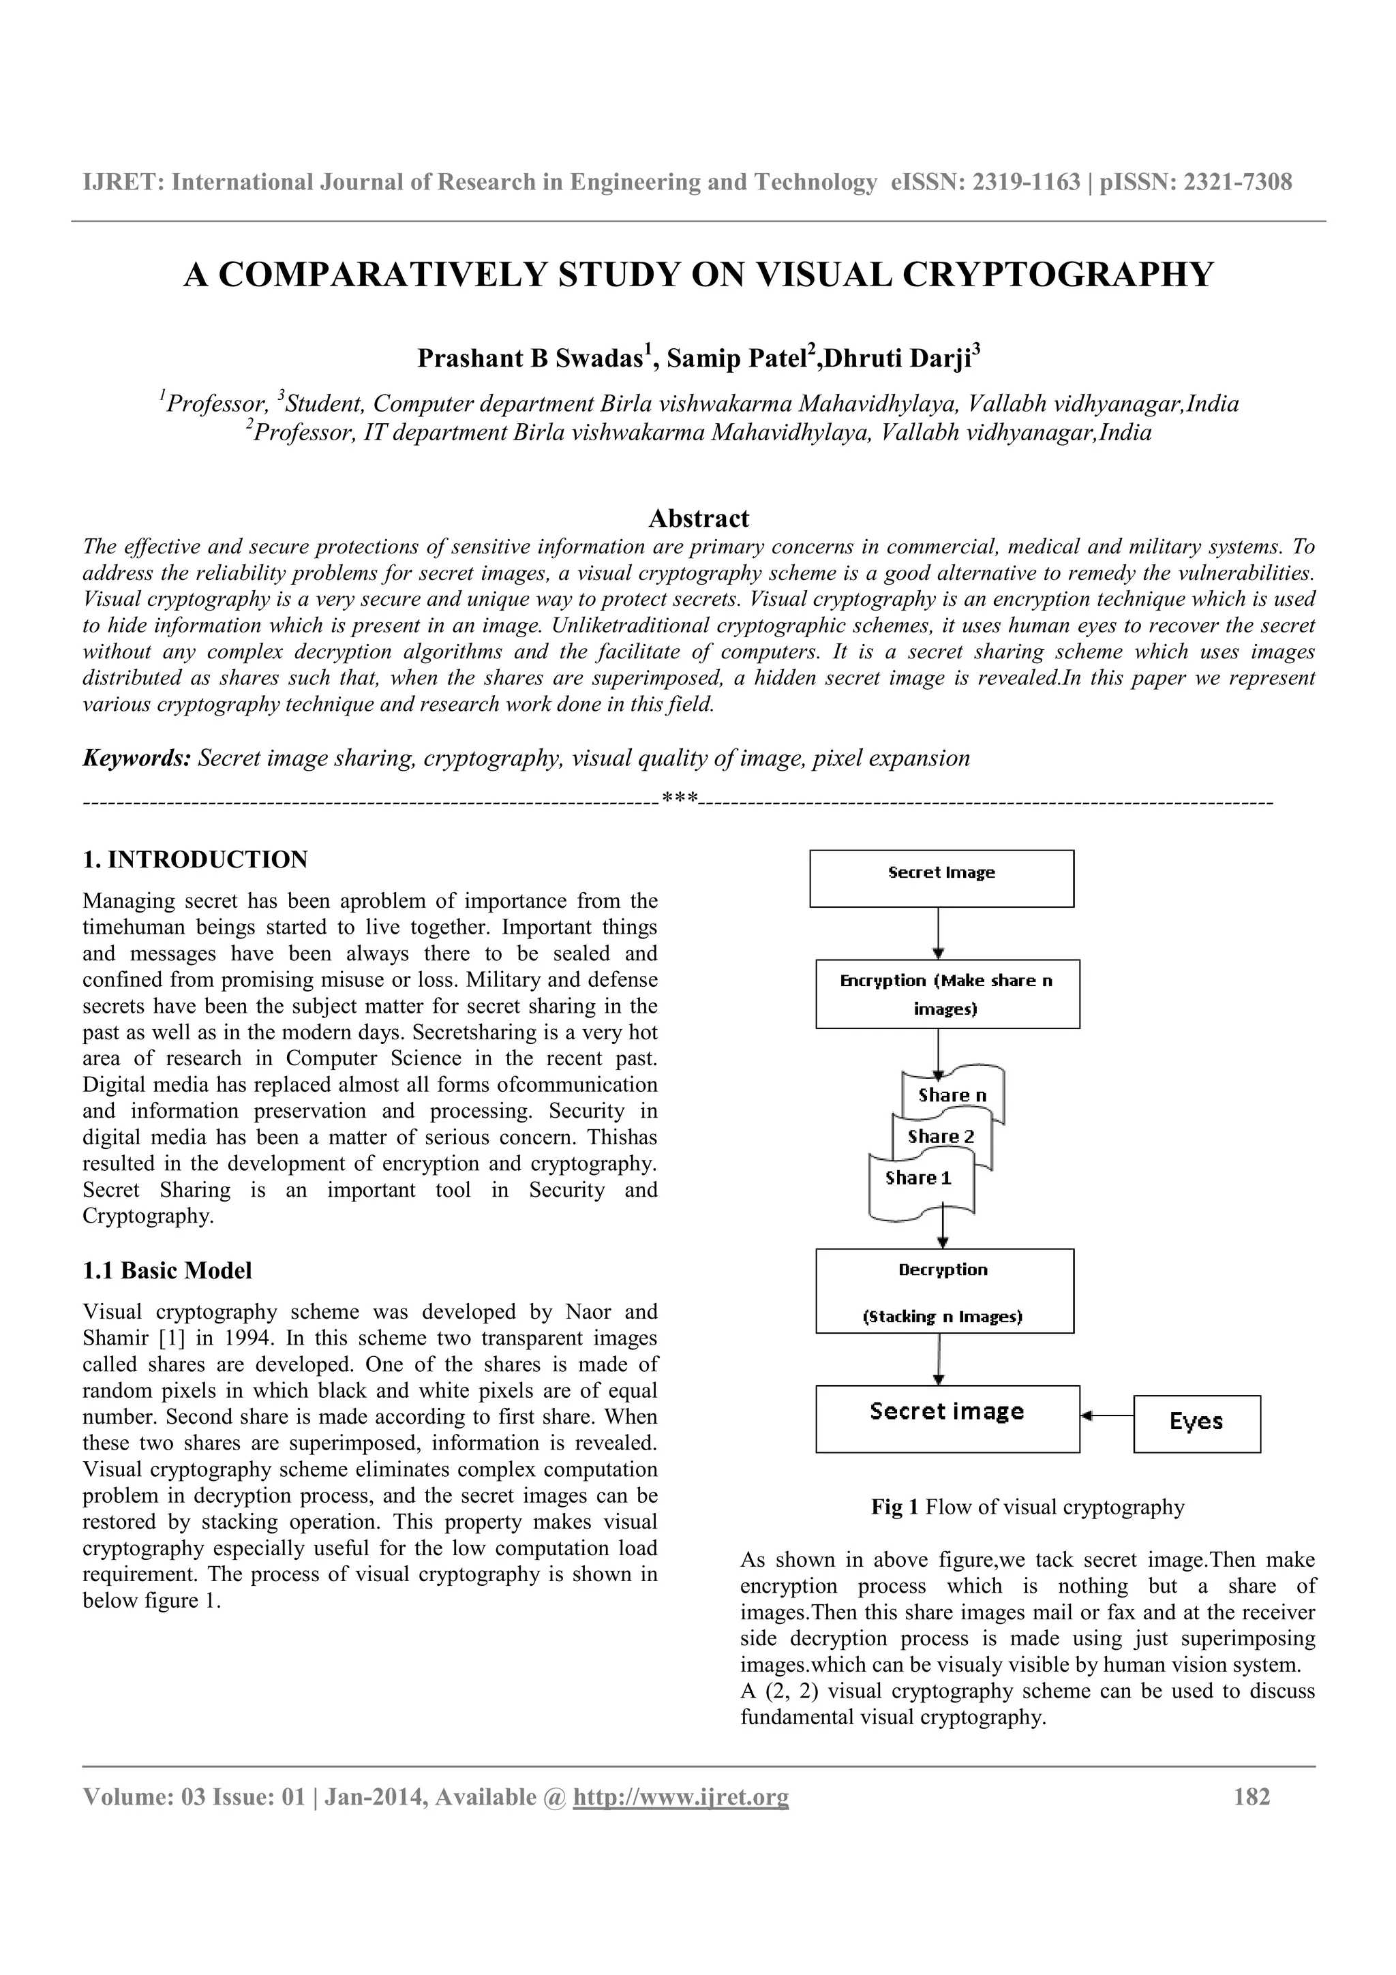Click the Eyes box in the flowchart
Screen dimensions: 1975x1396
tap(1196, 1424)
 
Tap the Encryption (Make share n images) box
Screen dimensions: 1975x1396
tap(947, 994)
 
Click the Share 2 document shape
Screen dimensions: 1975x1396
tap(942, 1137)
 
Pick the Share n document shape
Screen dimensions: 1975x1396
tap(952, 1095)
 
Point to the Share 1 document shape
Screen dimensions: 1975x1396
tap(919, 1178)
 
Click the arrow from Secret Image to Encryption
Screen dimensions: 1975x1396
tap(939, 932)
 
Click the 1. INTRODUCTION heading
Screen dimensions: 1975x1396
tap(195, 859)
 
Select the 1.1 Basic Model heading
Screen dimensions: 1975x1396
tap(167, 1270)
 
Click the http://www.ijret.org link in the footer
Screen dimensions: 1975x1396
tap(680, 1797)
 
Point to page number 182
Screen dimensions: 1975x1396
tap(1251, 1797)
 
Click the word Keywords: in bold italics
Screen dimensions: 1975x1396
tap(136, 759)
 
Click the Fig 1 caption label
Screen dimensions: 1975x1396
tap(894, 1507)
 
